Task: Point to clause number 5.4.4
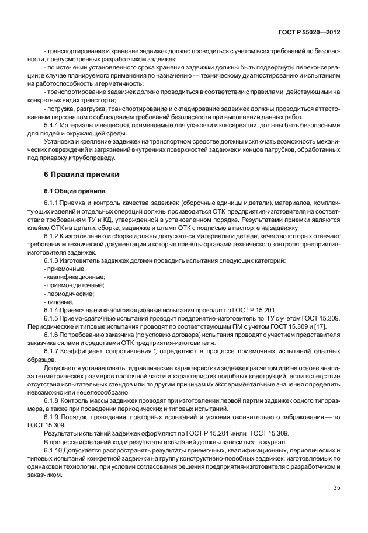click(53, 125)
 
